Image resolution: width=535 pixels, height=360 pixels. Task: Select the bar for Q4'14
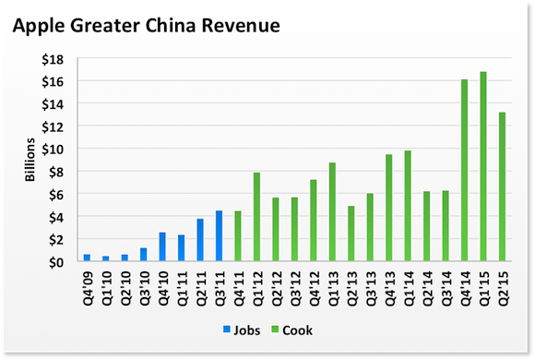[464, 171]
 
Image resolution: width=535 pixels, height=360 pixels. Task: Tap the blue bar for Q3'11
[219, 236]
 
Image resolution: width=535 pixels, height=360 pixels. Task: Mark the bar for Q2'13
[351, 234]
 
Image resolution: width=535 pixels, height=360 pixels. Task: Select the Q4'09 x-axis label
[87, 288]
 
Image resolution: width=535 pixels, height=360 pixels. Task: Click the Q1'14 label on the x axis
[408, 288]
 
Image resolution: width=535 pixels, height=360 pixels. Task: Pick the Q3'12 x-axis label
[294, 288]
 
